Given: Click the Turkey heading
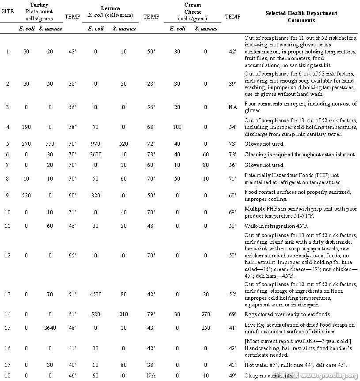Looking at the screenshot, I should click(39, 4).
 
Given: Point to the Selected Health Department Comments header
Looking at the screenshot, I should click(301, 16).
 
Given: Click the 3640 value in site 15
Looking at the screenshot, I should click(50, 328).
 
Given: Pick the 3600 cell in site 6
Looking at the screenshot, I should click(96, 155).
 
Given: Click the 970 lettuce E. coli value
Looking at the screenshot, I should click(96, 144).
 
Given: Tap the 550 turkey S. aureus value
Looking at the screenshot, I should click(50, 144).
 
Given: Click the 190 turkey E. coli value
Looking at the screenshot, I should click(27, 127).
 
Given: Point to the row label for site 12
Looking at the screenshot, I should click(7, 255).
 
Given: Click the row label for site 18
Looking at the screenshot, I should click(7, 375).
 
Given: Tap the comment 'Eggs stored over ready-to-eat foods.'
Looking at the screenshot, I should click(287, 314).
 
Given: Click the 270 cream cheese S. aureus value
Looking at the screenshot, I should click(205, 314).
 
